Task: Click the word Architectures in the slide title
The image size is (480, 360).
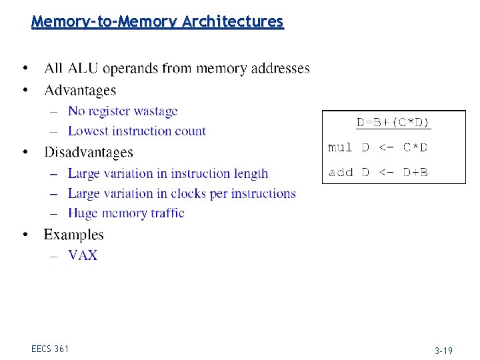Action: (233, 22)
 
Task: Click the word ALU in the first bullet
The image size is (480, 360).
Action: (81, 68)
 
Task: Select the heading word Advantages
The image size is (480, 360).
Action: (80, 90)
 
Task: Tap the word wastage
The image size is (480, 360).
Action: (156, 111)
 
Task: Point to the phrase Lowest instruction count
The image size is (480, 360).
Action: (137, 131)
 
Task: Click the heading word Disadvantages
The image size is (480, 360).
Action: (89, 153)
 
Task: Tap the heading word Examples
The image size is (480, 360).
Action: (74, 235)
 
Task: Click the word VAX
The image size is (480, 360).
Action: (83, 255)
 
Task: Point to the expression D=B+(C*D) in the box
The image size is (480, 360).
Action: (393, 123)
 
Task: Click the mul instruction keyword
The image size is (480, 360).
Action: (340, 147)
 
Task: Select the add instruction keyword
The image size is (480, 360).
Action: (340, 172)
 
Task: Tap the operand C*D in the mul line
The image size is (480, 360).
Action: (415, 147)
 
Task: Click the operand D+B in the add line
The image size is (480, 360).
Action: (415, 172)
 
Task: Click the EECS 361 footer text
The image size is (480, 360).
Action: (50, 349)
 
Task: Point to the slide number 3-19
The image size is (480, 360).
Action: (443, 351)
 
